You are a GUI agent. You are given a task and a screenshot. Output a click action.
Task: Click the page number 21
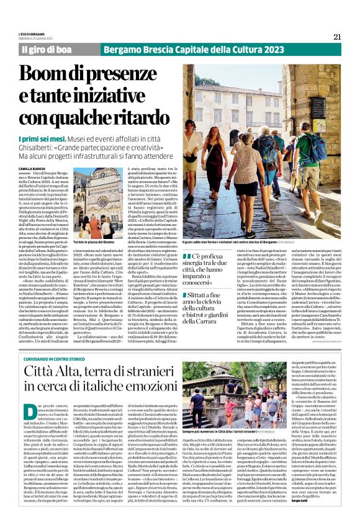tap(337, 37)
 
